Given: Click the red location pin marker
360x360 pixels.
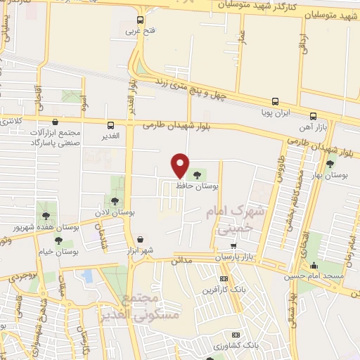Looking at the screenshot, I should point(181,165).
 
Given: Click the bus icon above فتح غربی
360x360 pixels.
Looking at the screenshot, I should point(140,20).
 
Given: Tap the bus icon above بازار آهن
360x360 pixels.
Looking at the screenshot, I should point(314,116).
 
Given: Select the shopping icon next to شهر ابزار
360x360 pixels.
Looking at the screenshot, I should point(141,239).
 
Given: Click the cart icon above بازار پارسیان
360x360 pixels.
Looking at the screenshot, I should point(233,246).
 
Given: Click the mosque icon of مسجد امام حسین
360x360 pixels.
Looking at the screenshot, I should point(314,266).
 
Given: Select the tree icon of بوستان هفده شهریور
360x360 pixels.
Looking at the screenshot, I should point(46,217).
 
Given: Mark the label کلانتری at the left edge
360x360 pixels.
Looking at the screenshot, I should point(11,121).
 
